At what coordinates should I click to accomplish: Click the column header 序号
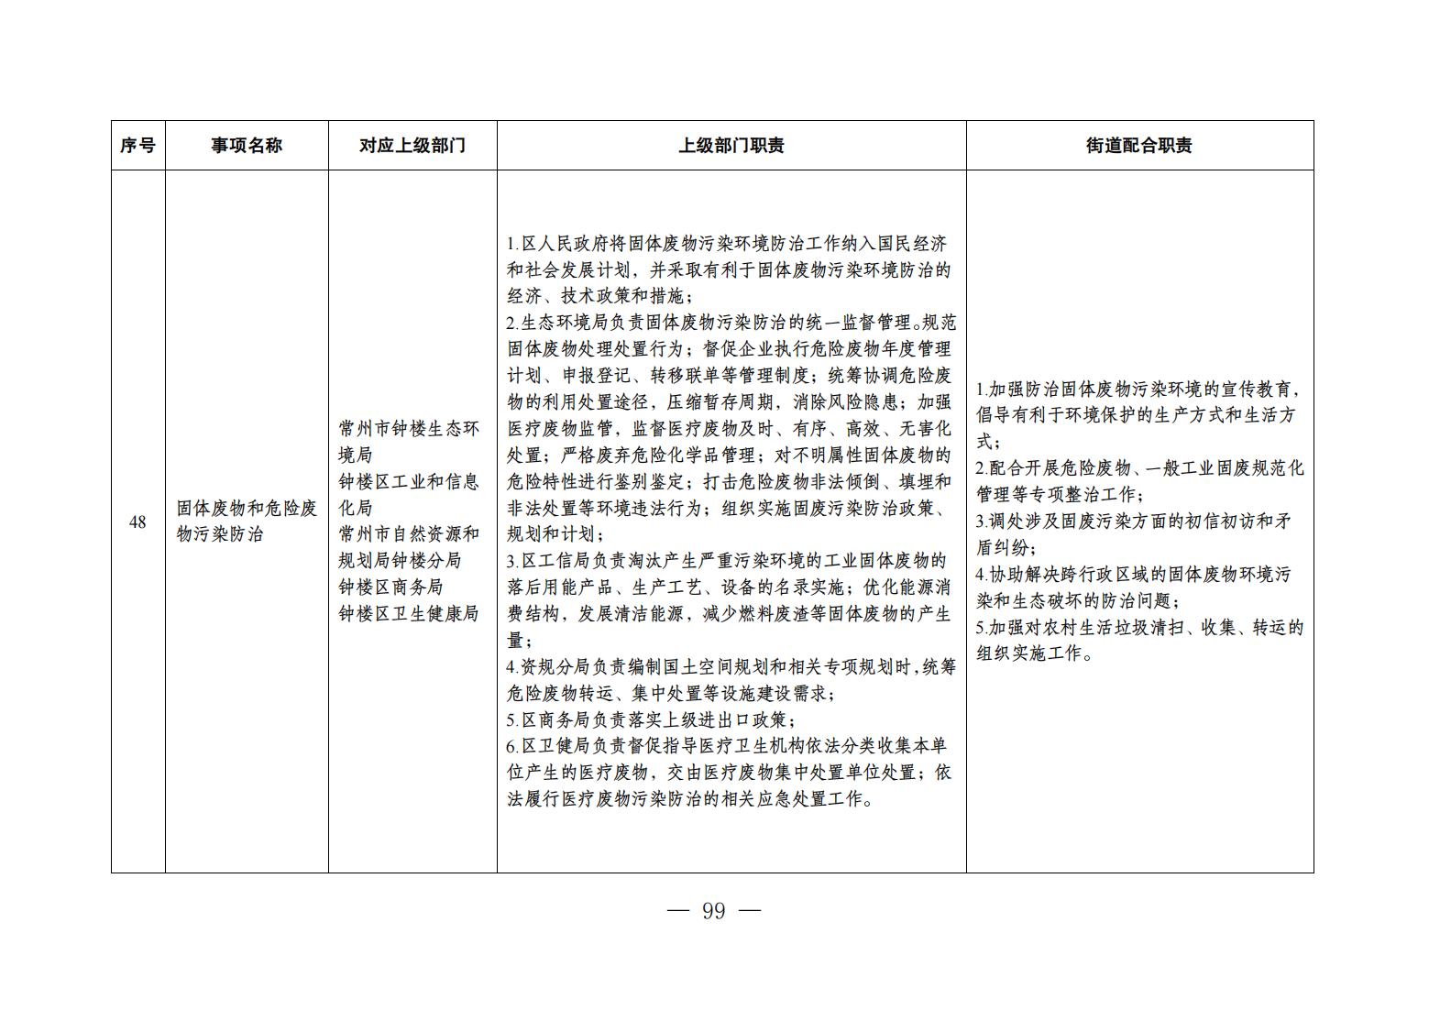[137, 146]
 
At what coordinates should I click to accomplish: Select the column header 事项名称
[247, 146]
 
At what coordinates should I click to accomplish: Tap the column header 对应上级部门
[412, 146]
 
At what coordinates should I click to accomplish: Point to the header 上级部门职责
[731, 146]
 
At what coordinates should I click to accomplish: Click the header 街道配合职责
[1138, 146]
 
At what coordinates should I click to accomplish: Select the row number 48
[137, 522]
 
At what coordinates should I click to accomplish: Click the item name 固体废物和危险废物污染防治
[247, 521]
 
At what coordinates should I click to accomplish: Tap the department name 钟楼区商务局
[390, 587]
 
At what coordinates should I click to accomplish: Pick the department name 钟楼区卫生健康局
[409, 614]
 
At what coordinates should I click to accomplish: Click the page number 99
[713, 911]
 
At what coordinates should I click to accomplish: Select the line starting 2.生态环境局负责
[731, 324]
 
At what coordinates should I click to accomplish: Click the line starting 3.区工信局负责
[727, 562]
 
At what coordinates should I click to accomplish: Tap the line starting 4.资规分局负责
[731, 667]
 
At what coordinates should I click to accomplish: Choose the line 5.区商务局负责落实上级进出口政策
[651, 720]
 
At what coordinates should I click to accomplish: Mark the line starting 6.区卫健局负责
[727, 747]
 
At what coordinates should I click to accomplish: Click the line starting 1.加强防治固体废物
[1138, 390]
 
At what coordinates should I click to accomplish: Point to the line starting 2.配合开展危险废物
[1138, 468]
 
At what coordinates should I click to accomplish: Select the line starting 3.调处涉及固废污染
[1133, 521]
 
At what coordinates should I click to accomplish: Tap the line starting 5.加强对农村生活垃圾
[1138, 628]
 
